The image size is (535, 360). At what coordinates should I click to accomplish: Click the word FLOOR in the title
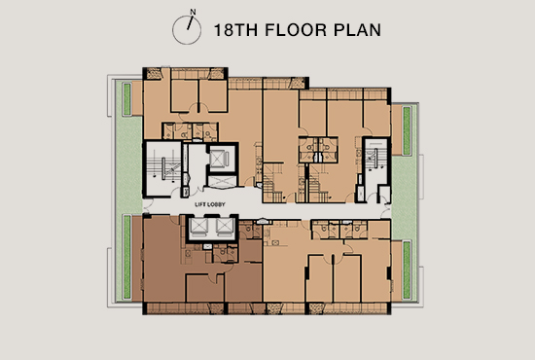tap(296, 30)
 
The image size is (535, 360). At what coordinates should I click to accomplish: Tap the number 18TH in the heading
tap(235, 30)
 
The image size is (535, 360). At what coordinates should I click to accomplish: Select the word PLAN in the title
tap(357, 30)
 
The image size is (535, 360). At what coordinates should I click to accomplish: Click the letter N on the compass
tap(193, 12)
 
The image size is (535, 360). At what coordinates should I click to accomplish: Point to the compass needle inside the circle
tap(190, 23)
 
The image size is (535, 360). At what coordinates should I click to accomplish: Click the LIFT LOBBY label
tap(210, 204)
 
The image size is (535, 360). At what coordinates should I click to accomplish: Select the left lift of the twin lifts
tap(198, 227)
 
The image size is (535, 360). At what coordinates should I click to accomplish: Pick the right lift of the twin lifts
tap(225, 227)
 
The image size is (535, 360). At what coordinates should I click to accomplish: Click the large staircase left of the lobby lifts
tap(164, 168)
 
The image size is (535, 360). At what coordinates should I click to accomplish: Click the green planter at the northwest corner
tap(126, 99)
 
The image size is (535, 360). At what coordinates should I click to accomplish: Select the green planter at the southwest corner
tap(126, 257)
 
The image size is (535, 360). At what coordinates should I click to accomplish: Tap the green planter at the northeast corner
tap(407, 130)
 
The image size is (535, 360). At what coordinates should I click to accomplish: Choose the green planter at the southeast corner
tap(407, 270)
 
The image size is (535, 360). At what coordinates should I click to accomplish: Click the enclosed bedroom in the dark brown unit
tap(204, 288)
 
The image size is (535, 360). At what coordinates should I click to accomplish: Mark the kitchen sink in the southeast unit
tap(275, 242)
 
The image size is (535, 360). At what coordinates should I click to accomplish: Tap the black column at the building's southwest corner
tap(145, 308)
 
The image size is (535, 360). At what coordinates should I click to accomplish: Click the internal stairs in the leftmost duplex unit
tap(273, 184)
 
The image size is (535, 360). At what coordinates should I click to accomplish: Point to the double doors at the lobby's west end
tap(146, 205)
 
